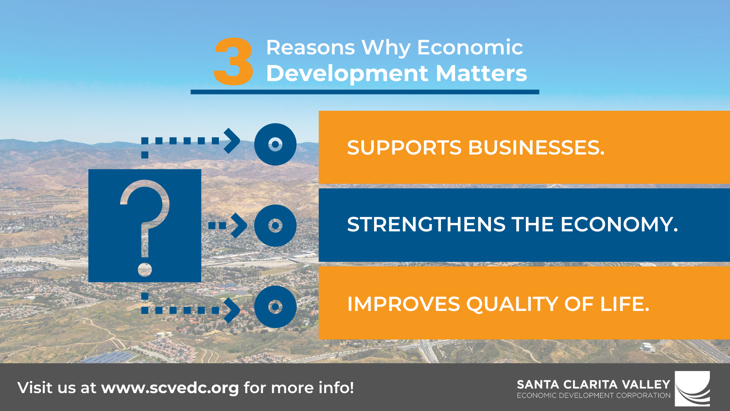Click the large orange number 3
[x=233, y=61]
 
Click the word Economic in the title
[x=470, y=48]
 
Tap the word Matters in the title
[x=481, y=73]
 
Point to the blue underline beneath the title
[x=365, y=92]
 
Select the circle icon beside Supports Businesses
[x=275, y=144]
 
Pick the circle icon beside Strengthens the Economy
[x=275, y=225]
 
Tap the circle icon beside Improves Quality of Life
[x=275, y=307]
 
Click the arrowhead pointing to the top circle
[x=232, y=141]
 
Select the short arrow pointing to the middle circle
[x=227, y=225]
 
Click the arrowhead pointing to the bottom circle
[x=232, y=310]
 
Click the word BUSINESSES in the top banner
[x=536, y=148]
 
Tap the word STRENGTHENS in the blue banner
[x=426, y=224]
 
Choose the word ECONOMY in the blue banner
[x=619, y=224]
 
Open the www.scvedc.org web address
[x=170, y=388]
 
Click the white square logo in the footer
[x=692, y=389]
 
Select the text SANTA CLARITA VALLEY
[x=594, y=384]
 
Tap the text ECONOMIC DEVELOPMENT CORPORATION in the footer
[x=594, y=395]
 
